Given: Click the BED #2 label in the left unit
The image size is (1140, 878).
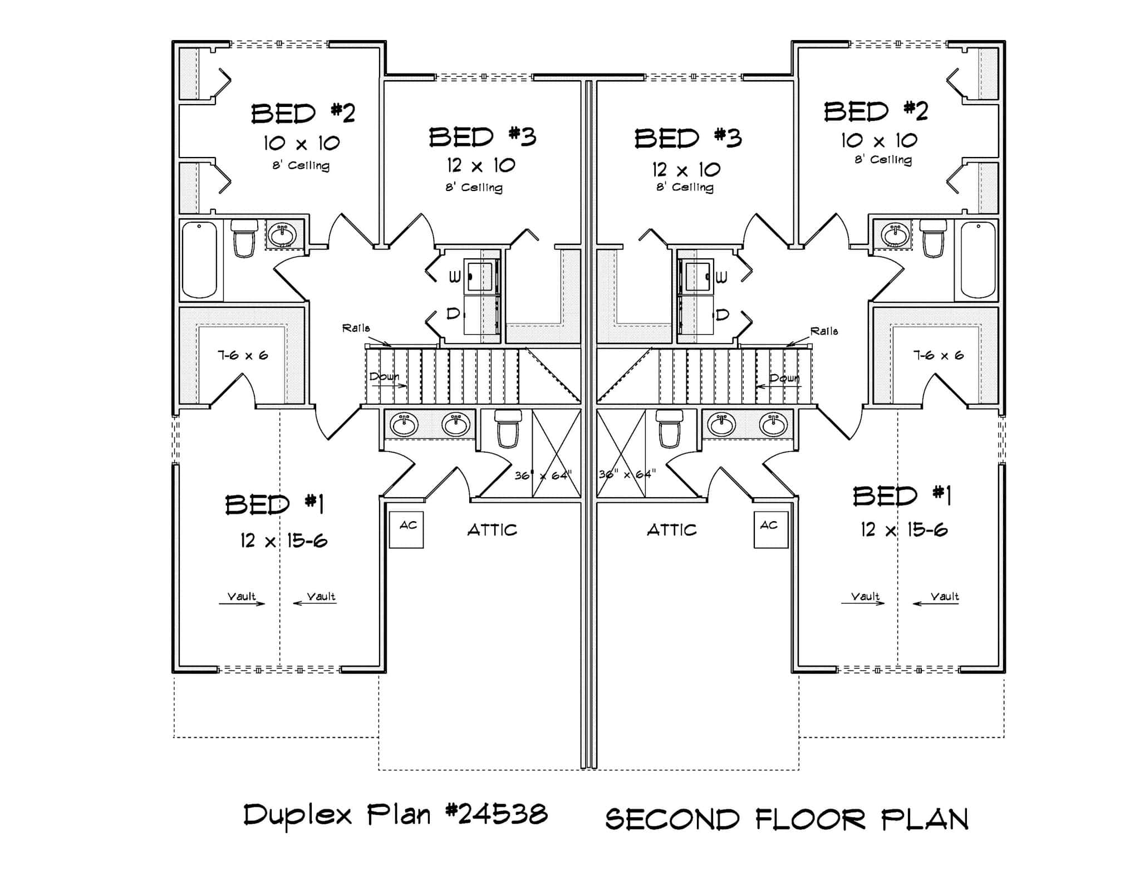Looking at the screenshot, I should [x=303, y=114].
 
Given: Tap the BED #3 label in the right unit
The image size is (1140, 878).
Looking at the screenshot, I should [x=688, y=138].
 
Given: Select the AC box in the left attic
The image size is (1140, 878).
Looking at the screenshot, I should [x=406, y=529].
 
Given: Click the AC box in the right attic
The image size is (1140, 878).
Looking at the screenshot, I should [x=770, y=529].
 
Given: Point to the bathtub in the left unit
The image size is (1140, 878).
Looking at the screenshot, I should [x=199, y=260].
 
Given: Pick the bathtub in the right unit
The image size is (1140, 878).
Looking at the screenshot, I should [x=978, y=260].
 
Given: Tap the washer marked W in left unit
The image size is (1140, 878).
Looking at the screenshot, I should [x=455, y=276].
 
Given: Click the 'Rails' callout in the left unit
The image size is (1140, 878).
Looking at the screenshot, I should [x=356, y=328].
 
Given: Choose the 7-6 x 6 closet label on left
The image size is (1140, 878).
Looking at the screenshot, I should [x=243, y=355].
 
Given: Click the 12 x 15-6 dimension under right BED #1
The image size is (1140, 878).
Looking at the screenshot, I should [x=903, y=529].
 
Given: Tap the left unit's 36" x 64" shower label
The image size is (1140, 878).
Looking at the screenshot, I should [x=543, y=475].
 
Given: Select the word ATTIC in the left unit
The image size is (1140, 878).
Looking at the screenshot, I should [x=492, y=529].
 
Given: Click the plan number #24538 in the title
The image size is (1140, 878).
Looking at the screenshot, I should [x=497, y=815].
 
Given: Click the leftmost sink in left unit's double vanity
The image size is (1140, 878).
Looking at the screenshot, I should [x=404, y=425].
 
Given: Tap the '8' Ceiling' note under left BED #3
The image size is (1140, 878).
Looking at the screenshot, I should [x=474, y=188].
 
